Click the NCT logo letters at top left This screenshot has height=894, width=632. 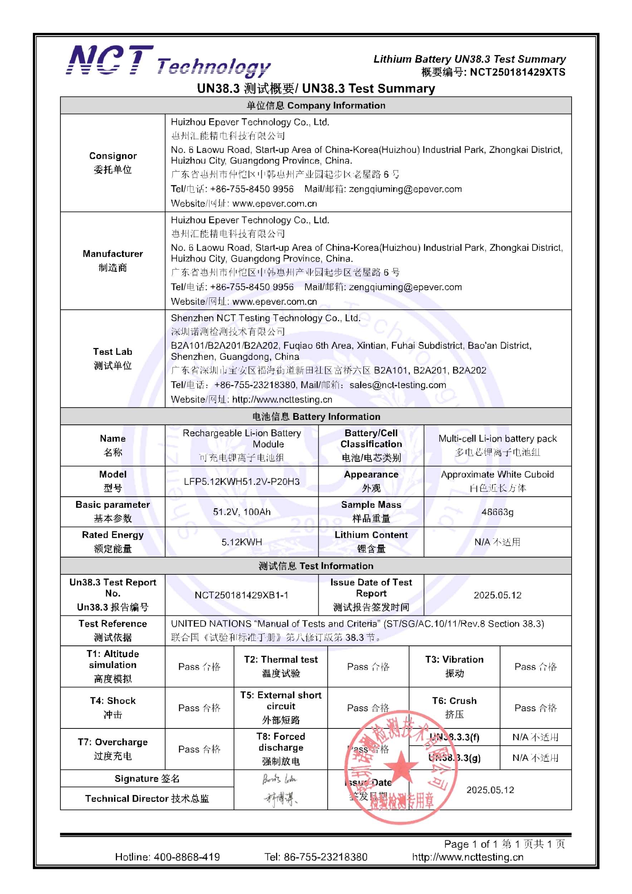110,60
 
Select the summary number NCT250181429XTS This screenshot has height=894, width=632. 517,73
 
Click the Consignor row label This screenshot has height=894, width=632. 113,162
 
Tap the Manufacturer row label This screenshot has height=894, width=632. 113,260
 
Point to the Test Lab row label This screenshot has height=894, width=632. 113,358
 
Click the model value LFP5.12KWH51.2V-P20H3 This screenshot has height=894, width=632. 241,482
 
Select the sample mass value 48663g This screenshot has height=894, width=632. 497,512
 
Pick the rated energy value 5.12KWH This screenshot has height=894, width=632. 241,542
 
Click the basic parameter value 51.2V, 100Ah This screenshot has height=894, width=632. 241,512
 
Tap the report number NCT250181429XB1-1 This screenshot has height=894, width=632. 241,595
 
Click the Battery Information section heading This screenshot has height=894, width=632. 316,417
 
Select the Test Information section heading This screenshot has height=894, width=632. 316,566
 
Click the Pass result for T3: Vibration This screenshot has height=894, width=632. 535,667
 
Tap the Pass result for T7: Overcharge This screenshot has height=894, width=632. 199,749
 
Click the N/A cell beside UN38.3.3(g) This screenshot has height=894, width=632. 535,758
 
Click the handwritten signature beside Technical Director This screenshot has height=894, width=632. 280,799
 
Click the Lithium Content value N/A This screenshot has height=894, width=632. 497,542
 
